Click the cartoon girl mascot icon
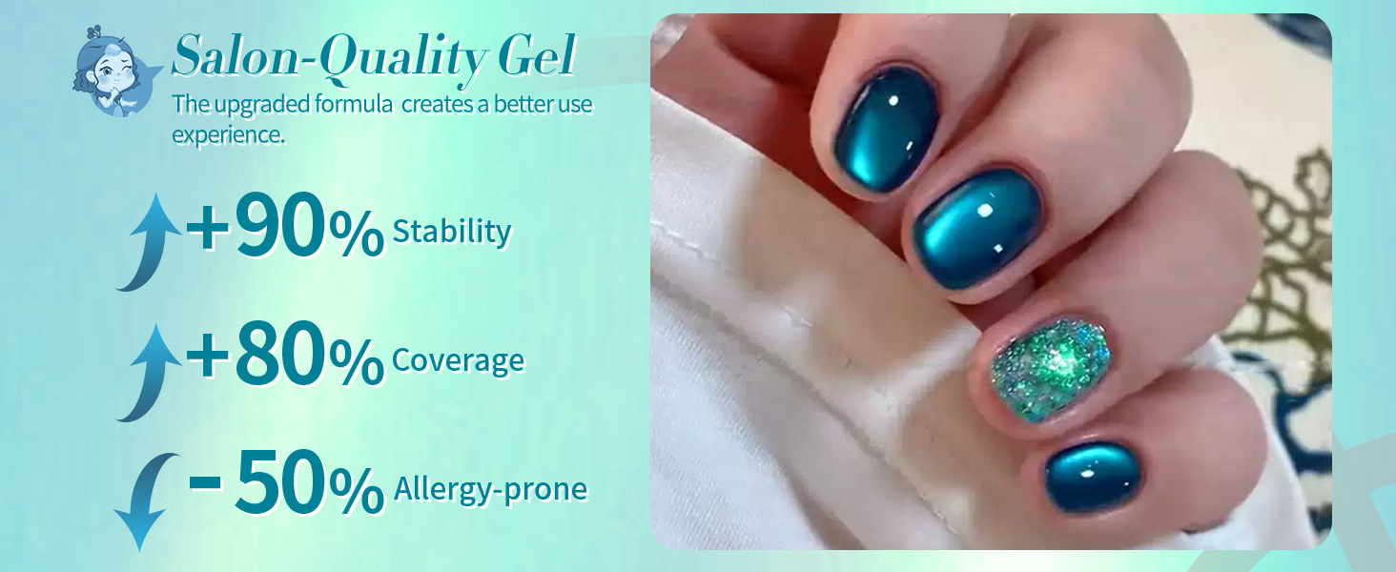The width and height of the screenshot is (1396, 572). point(113,72)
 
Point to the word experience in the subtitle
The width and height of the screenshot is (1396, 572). point(228,134)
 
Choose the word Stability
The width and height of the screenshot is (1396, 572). point(452,231)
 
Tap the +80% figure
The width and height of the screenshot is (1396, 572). point(285,357)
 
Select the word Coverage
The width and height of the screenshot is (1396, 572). point(458,359)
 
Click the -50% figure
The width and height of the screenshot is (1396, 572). point(285,485)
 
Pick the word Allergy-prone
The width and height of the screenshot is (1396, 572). point(491,489)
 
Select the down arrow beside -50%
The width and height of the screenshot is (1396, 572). point(143,500)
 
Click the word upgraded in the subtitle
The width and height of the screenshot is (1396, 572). point(253,104)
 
